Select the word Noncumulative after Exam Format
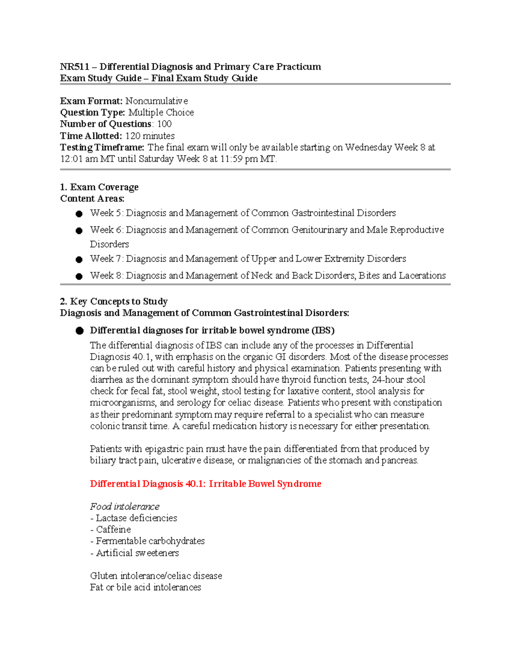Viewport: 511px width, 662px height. pyautogui.click(x=156, y=101)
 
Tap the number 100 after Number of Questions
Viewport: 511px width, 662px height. pyautogui.click(x=164, y=124)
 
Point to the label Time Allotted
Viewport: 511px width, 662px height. pyautogui.click(x=91, y=136)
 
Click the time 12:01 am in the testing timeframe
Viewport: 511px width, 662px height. pyautogui.click(x=79, y=159)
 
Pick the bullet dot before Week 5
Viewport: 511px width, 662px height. pyautogui.click(x=79, y=214)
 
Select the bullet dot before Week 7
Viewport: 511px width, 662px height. pyautogui.click(x=79, y=260)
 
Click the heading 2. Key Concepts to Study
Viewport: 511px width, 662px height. pyautogui.click(x=114, y=301)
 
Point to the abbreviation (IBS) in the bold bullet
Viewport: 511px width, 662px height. pyautogui.click(x=323, y=330)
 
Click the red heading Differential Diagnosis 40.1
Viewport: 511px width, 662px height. pyautogui.click(x=205, y=484)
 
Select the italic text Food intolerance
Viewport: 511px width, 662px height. pyautogui.click(x=125, y=506)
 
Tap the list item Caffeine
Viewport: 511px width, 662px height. pyautogui.click(x=113, y=529)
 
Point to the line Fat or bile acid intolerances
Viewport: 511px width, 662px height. pyautogui.click(x=146, y=587)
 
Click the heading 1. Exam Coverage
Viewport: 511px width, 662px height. pyautogui.click(x=99, y=187)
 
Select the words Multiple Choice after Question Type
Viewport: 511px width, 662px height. pyautogui.click(x=161, y=113)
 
